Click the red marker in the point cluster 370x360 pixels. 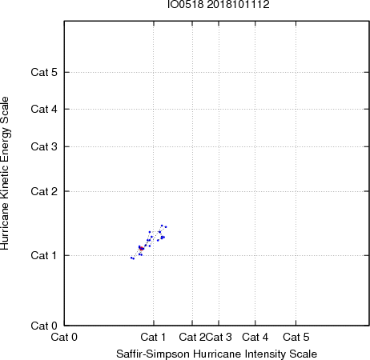pyautogui.click(x=141, y=249)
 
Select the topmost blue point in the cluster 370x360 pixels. pyautogui.click(x=162, y=226)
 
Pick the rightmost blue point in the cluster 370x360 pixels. pyautogui.click(x=166, y=227)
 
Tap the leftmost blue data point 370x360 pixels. pyautogui.click(x=131, y=258)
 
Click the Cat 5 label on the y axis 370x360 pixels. pyautogui.click(x=44, y=72)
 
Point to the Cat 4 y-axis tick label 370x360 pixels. pyautogui.click(x=44, y=109)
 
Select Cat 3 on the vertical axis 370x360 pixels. pyautogui.click(x=44, y=146)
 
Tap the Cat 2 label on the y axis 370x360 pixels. pyautogui.click(x=44, y=191)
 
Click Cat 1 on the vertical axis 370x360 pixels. pyautogui.click(x=44, y=255)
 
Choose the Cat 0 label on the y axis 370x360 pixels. pyautogui.click(x=44, y=326)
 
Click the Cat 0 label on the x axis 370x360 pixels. pyautogui.click(x=64, y=337)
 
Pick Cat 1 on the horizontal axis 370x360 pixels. pyautogui.click(x=153, y=337)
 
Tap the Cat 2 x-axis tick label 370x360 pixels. pyautogui.click(x=192, y=337)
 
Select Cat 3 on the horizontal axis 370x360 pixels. pyautogui.click(x=219, y=337)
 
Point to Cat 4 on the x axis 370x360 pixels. pyautogui.click(x=255, y=337)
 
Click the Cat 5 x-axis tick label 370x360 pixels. pyautogui.click(x=296, y=337)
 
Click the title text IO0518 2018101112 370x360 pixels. pyautogui.click(x=219, y=4)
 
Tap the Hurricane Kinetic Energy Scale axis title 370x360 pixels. pyautogui.click(x=5, y=174)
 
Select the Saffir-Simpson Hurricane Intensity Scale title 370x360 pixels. pyautogui.click(x=217, y=354)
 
